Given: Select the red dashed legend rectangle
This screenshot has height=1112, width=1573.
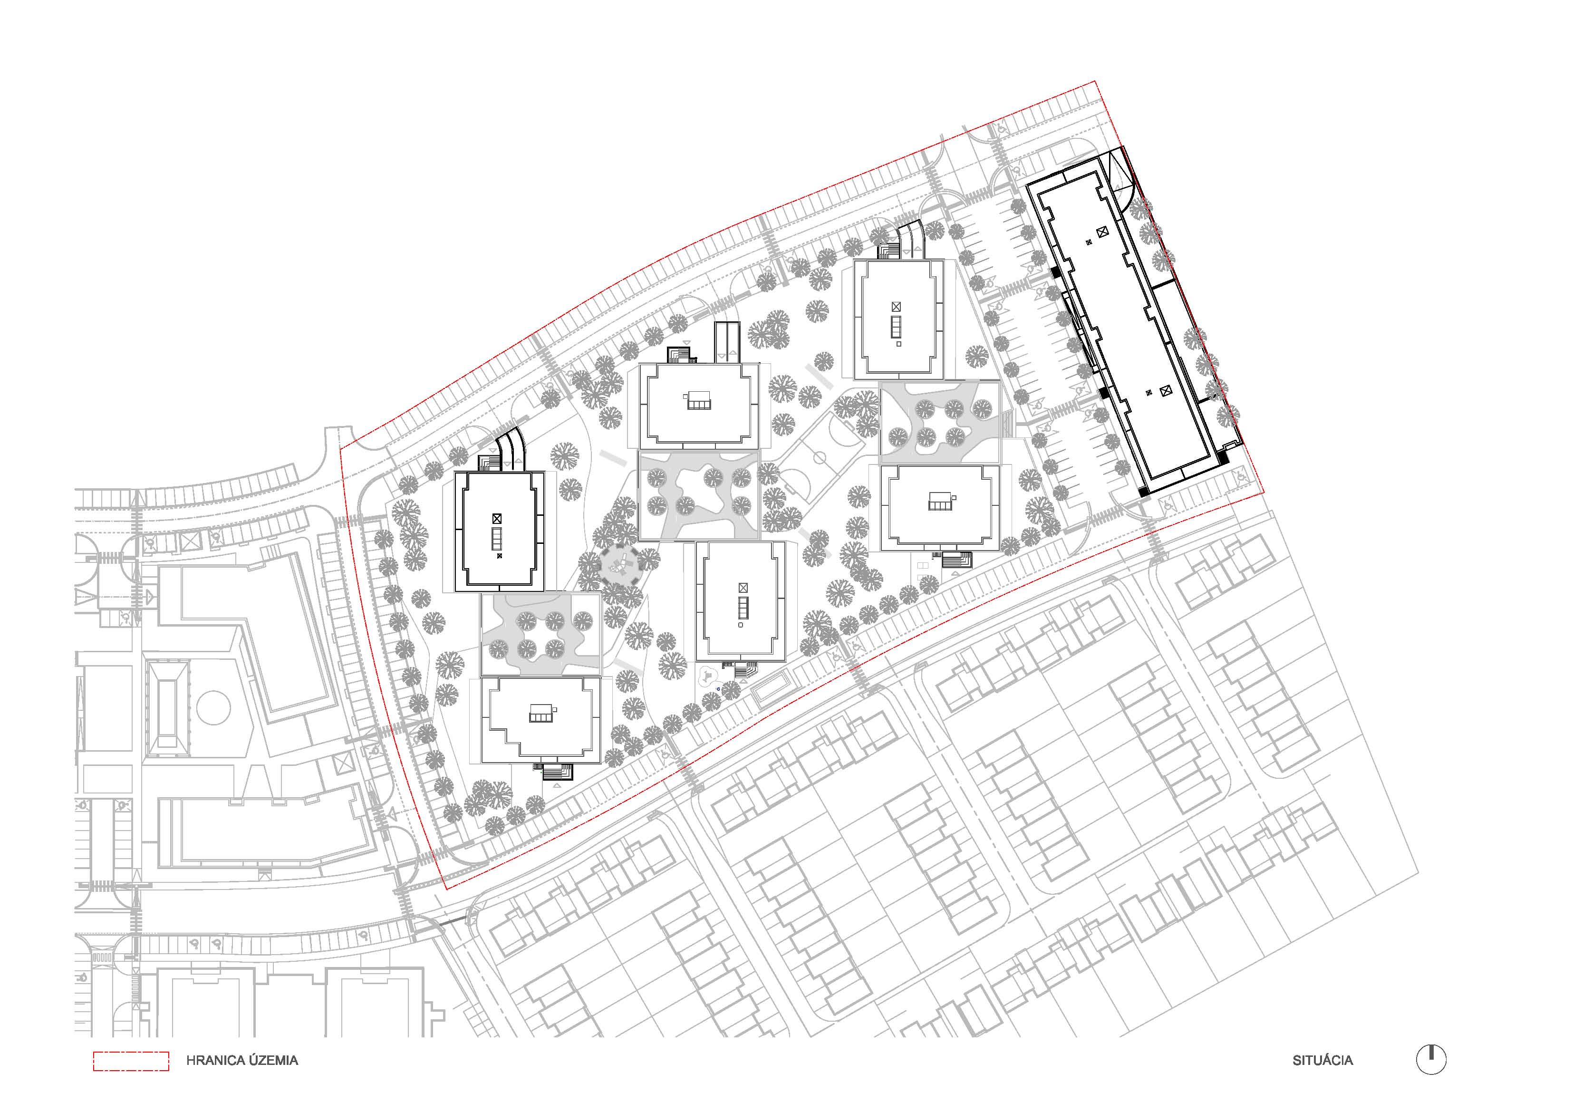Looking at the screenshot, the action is pyautogui.click(x=131, y=1061).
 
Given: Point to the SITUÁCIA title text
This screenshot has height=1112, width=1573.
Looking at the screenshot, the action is pyautogui.click(x=1323, y=1061).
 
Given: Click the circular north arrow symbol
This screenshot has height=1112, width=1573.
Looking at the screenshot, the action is pyautogui.click(x=1431, y=1060).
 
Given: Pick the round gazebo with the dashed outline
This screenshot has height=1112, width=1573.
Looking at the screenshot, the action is pyautogui.click(x=620, y=565).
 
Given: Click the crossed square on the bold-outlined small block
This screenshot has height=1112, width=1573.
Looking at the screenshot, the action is pyautogui.click(x=497, y=519).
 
